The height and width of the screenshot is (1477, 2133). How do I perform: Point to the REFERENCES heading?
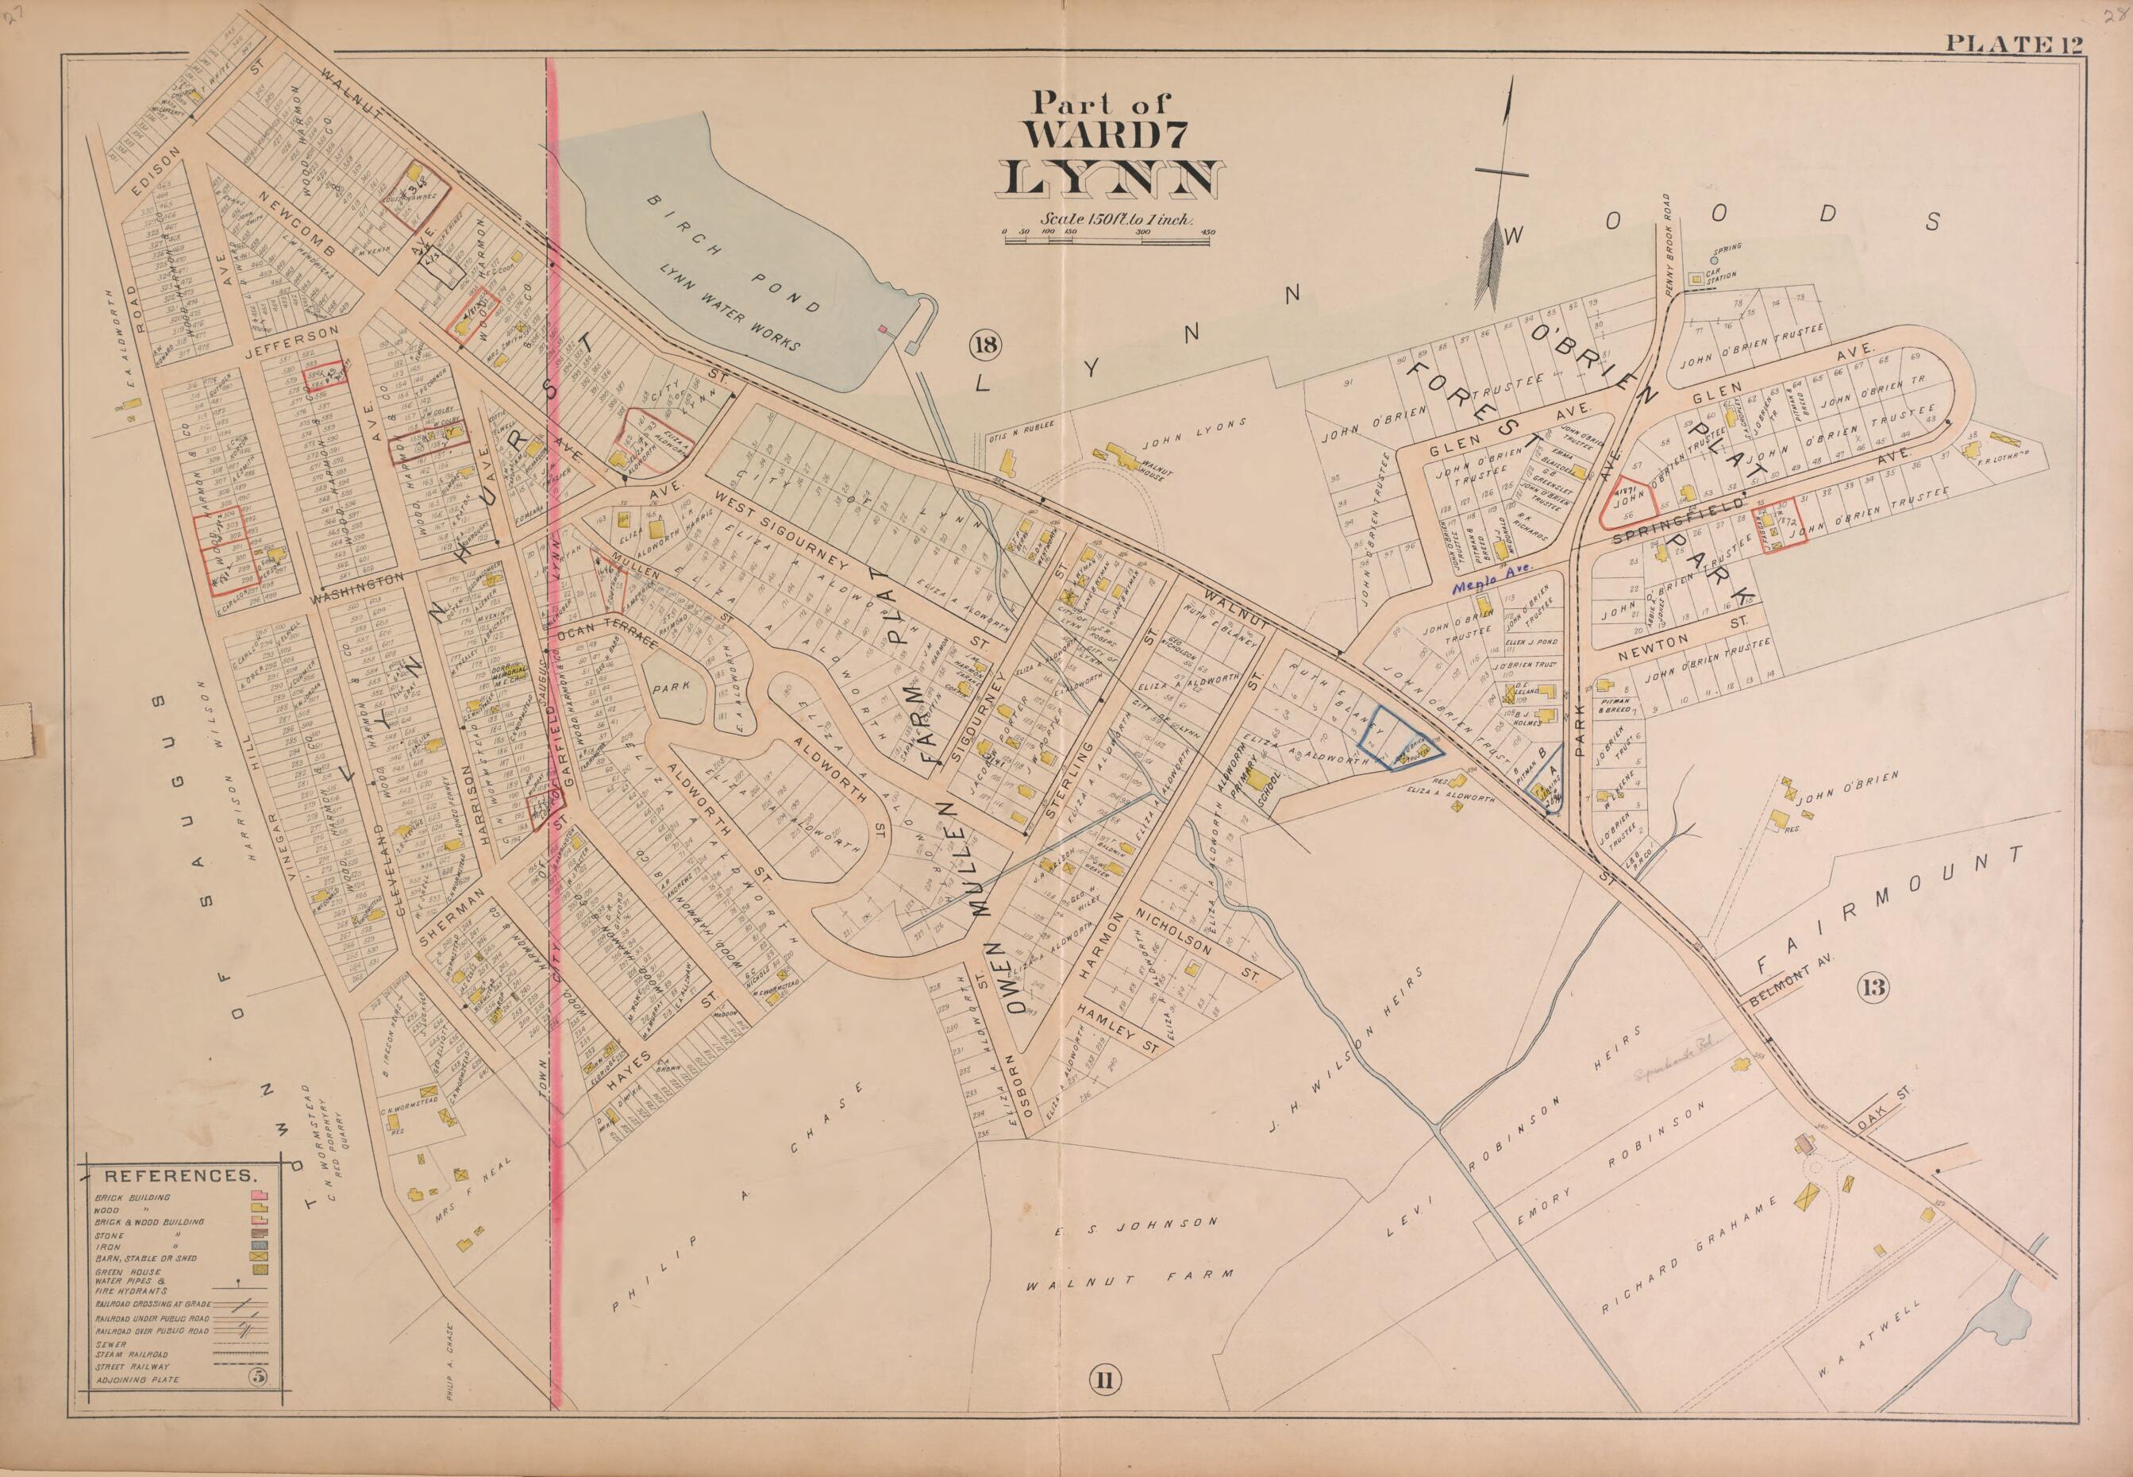(179, 1176)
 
